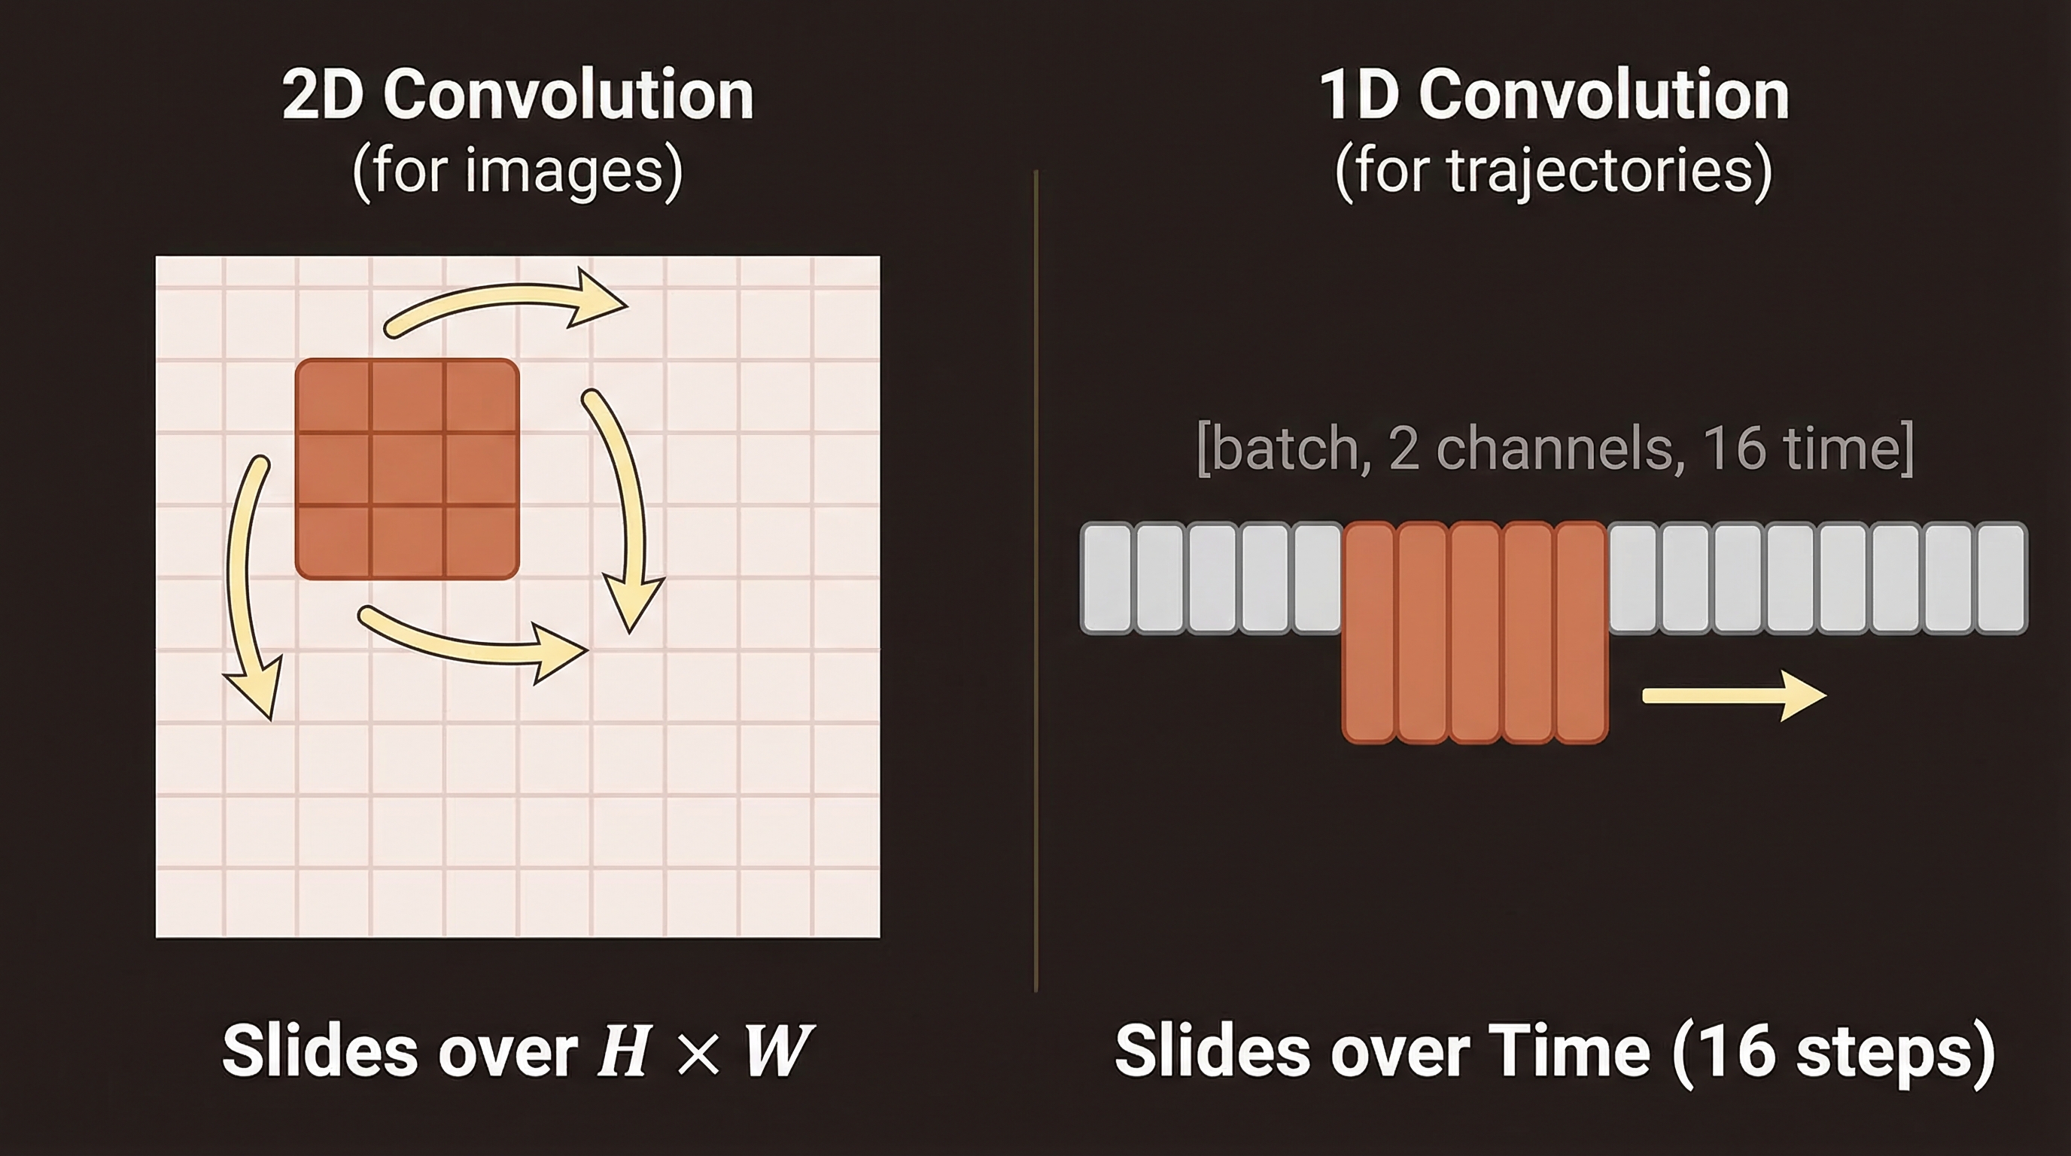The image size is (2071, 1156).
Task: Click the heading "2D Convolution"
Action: (518, 94)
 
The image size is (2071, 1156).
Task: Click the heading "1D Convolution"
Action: (1554, 94)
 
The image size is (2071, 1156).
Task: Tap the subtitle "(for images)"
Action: (518, 170)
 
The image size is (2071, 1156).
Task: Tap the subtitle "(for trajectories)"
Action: (1554, 170)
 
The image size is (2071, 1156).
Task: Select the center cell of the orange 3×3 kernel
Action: (408, 469)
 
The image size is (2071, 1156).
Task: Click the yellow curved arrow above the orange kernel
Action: (506, 303)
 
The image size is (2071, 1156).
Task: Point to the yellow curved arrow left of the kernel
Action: (249, 587)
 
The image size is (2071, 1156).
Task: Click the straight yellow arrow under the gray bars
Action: (1734, 695)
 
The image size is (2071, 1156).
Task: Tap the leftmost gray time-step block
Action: (1106, 578)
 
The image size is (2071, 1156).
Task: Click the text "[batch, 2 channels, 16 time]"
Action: (1555, 448)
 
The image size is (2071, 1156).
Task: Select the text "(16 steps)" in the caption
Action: (1833, 1053)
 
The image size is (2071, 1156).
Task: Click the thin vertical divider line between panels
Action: (1035, 580)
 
